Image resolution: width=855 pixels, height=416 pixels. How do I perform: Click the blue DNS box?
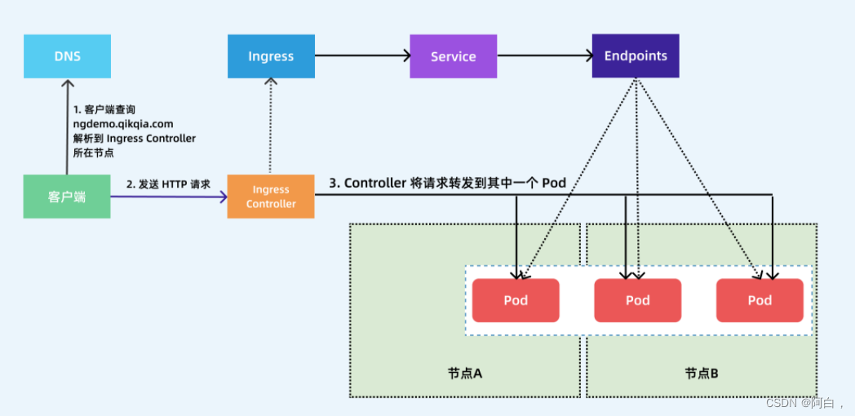pyautogui.click(x=67, y=56)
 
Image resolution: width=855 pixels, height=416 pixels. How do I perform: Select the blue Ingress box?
pyautogui.click(x=271, y=56)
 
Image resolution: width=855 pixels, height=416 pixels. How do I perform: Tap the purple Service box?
pyautogui.click(x=453, y=56)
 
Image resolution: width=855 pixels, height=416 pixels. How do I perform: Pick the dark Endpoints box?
pyautogui.click(x=636, y=56)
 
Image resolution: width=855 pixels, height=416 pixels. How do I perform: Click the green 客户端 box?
pyautogui.click(x=67, y=196)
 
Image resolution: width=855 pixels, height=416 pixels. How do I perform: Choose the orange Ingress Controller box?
pyautogui.click(x=271, y=197)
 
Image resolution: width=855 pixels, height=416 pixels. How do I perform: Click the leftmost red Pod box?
pyautogui.click(x=516, y=300)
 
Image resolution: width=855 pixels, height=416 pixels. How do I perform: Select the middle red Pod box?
pyautogui.click(x=637, y=300)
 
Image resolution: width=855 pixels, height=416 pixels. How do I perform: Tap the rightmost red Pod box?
pyautogui.click(x=760, y=300)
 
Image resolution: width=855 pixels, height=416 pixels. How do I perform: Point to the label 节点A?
pyautogui.click(x=465, y=373)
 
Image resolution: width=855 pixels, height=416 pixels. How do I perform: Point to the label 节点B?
pyautogui.click(x=702, y=373)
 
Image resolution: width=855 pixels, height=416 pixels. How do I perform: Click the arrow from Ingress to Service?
pyautogui.click(x=362, y=55)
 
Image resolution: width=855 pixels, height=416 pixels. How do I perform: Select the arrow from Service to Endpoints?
pyautogui.click(x=545, y=55)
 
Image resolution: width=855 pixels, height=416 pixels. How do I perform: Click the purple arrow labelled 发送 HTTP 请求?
pyautogui.click(x=169, y=197)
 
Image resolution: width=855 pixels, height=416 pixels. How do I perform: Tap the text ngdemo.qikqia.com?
pyautogui.click(x=122, y=124)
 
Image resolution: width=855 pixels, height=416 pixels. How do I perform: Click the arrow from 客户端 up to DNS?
pyautogui.click(x=67, y=126)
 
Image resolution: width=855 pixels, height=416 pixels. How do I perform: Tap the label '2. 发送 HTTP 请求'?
pyautogui.click(x=168, y=184)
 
